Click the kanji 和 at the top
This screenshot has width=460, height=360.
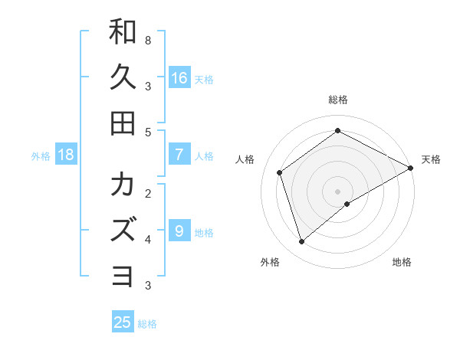tap(123, 32)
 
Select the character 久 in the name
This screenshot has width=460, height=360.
tap(123, 77)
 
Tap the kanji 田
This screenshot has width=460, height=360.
tap(123, 123)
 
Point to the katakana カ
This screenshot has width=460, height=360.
tap(123, 185)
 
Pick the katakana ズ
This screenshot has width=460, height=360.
tap(123, 230)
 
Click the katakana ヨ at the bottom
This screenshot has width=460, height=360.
tap(123, 275)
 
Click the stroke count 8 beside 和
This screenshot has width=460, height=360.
tap(148, 39)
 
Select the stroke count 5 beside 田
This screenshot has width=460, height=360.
tap(148, 132)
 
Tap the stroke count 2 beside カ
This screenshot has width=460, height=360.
tap(148, 192)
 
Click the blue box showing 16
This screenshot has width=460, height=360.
tap(179, 77)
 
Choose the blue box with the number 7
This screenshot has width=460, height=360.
tap(179, 155)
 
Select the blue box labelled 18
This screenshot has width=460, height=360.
tap(66, 155)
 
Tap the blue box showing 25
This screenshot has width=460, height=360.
tap(123, 322)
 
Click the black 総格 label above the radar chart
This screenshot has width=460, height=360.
tap(337, 100)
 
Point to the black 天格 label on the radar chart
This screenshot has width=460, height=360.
tap(431, 159)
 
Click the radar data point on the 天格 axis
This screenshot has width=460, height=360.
tap(411, 168)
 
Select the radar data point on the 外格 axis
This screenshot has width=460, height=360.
tap(301, 242)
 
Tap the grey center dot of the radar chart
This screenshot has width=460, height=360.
tap(337, 191)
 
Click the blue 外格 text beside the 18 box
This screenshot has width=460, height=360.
tap(41, 156)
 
